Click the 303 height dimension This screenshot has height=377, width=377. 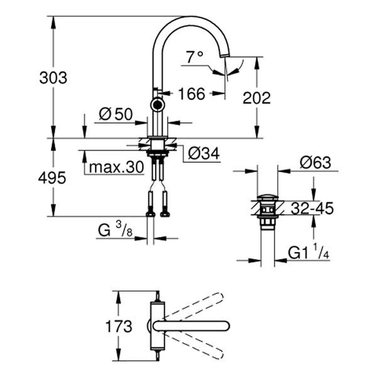[x=53, y=79]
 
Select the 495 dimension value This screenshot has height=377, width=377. [x=53, y=178]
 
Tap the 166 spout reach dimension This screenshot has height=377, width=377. [x=192, y=94]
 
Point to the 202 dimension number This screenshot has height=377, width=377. [x=256, y=97]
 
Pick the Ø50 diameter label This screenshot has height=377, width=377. [x=115, y=114]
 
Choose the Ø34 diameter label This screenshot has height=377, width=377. [x=202, y=153]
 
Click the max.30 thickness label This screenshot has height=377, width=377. [x=116, y=168]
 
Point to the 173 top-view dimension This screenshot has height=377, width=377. [x=119, y=326]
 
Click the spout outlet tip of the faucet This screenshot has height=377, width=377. [x=224, y=63]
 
